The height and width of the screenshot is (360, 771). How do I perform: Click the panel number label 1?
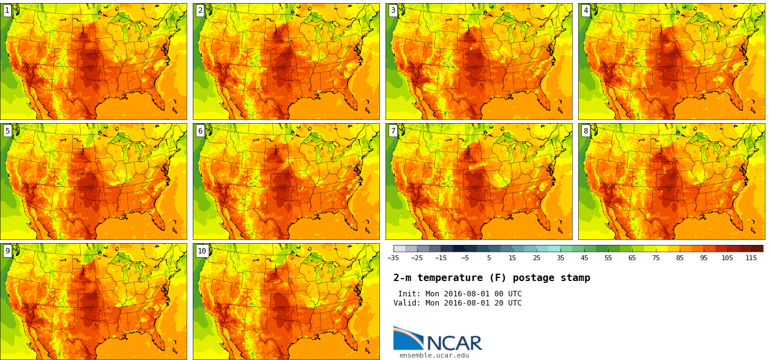[7, 10]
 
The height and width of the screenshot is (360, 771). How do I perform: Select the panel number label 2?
[200, 10]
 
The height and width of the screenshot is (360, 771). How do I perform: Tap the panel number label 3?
[393, 10]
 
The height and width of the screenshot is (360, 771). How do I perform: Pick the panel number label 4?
[586, 10]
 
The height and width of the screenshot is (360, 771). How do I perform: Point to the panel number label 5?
[7, 130]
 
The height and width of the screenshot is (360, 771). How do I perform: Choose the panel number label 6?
[200, 130]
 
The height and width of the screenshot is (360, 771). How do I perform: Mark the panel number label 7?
[393, 130]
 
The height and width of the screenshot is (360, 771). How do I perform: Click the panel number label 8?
[586, 130]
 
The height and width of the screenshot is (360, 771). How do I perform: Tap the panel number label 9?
[7, 250]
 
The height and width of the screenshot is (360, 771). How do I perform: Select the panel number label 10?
[201, 250]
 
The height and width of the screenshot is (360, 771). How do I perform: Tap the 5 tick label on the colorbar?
[489, 258]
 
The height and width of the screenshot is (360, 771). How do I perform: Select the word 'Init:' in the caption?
[410, 294]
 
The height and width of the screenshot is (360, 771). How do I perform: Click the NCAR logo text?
[454, 343]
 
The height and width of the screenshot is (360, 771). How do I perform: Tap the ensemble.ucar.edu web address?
[434, 355]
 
